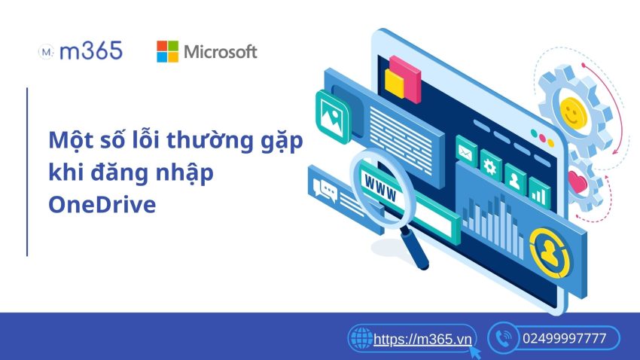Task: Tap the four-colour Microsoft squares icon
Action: (x=167, y=51)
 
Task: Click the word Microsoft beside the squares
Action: (x=221, y=52)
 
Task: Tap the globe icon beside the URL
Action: (x=361, y=339)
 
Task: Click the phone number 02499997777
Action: (x=564, y=339)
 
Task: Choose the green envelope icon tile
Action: (x=467, y=154)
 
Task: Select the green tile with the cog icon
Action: (x=492, y=163)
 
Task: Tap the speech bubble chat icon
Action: (x=326, y=189)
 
